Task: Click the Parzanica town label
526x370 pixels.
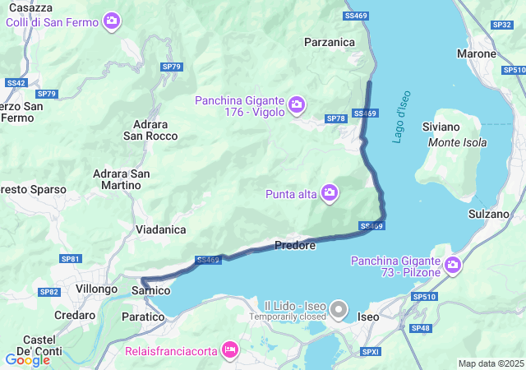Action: pos(329,41)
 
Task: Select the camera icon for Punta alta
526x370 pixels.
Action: pos(330,193)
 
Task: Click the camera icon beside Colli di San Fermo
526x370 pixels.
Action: pos(112,21)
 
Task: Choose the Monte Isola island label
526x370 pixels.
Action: pos(458,142)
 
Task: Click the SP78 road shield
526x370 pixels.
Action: pos(335,119)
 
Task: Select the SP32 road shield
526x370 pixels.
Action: pos(502,25)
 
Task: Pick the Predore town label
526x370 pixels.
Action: pos(295,245)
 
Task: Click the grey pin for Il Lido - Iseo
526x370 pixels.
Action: pos(339,310)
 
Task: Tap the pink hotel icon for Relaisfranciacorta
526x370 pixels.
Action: pos(231,351)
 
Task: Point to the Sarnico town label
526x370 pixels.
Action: pos(150,290)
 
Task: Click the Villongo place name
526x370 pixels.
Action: pos(97,289)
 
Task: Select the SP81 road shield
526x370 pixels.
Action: pos(71,259)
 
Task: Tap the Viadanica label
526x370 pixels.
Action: pos(160,229)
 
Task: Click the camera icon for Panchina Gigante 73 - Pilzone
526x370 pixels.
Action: pos(453,265)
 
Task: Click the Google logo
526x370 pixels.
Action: pos(27,359)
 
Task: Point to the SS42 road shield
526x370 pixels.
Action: pos(16,83)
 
